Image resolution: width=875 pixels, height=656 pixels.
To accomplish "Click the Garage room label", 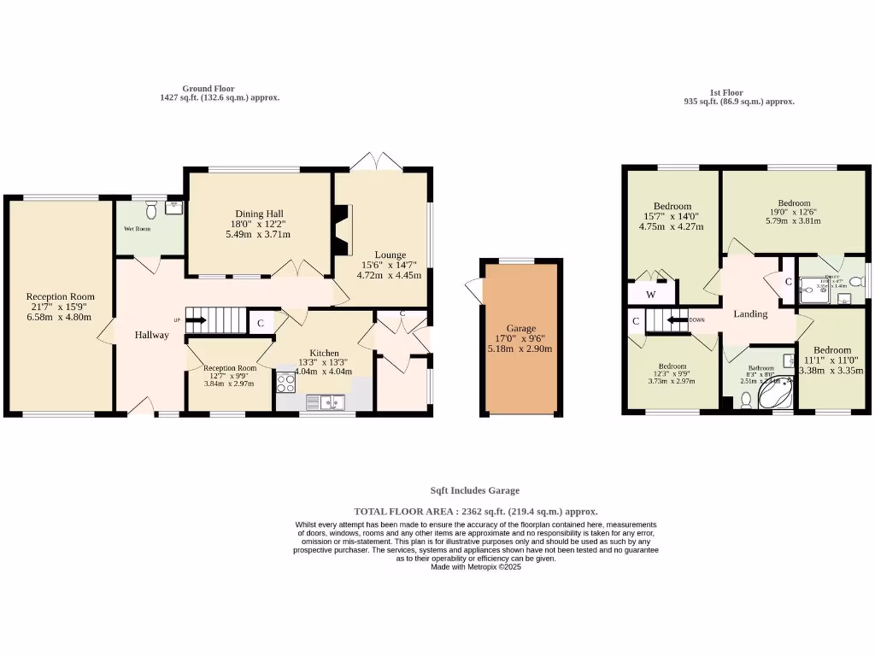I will [520, 328].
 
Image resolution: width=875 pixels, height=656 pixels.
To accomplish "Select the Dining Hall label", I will [259, 214].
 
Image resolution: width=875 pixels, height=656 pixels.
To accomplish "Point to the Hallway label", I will [151, 335].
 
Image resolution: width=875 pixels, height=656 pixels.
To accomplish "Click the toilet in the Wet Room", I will [151, 208].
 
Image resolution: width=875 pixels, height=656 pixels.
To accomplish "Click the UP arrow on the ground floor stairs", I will [196, 320].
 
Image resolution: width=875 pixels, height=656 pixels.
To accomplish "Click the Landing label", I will [751, 313].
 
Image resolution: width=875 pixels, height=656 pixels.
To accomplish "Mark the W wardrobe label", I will [651, 295].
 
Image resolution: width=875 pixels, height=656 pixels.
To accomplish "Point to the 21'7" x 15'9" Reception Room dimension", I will [57, 307].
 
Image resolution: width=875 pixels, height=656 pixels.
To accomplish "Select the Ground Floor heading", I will [208, 88].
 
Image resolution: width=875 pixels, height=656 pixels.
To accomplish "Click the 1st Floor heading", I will [726, 92].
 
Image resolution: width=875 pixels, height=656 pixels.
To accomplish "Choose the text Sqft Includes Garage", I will [474, 490].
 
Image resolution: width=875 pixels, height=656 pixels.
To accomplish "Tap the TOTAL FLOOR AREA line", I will [476, 511].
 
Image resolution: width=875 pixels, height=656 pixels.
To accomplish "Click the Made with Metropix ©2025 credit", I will [475, 566].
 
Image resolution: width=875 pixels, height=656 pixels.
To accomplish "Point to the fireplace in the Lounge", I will [342, 230].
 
